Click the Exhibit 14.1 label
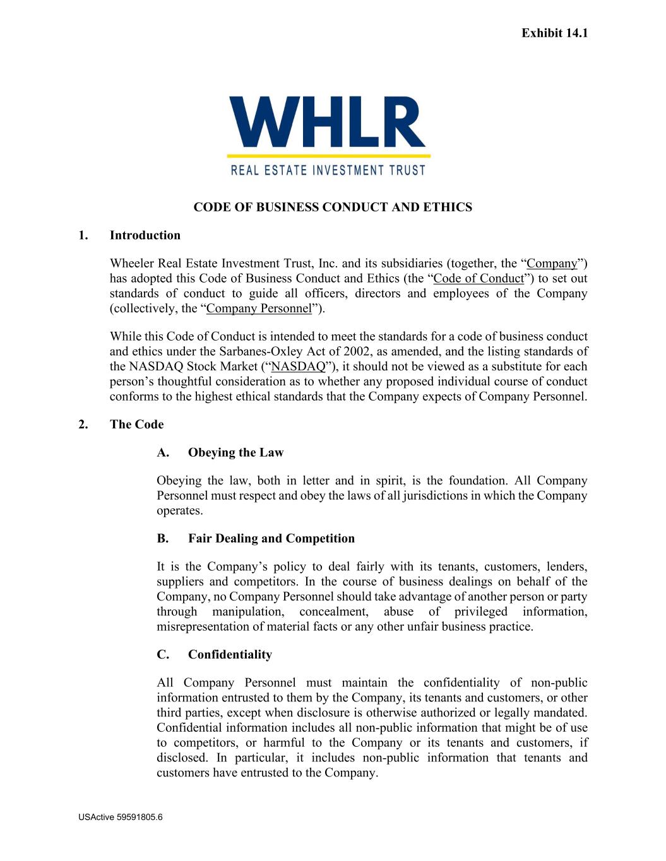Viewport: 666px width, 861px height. [554, 33]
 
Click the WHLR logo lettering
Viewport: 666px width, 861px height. [328, 121]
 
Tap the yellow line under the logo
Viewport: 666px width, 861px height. [328, 155]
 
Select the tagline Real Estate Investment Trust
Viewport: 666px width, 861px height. [328, 170]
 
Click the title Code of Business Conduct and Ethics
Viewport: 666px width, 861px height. [332, 207]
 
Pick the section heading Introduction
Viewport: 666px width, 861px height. [145, 235]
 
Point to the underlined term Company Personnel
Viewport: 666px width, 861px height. [259, 308]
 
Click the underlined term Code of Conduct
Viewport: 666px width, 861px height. [479, 278]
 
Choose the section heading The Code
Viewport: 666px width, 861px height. [136, 425]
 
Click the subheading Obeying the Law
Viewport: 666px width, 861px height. [235, 452]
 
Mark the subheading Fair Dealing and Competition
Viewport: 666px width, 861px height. [271, 538]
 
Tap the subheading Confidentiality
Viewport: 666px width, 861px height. [230, 654]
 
